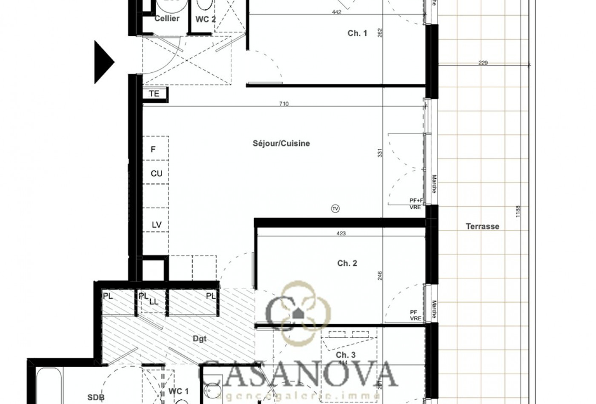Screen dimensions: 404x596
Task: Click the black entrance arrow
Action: (103, 62)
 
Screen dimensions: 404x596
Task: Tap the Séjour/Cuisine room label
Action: (281, 143)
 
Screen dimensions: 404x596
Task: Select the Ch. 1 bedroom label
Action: (357, 33)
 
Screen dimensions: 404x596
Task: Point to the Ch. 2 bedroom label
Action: (347, 263)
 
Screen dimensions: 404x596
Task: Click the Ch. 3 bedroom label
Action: (345, 355)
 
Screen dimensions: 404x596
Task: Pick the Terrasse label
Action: (482, 226)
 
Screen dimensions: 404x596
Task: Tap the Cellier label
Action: (167, 18)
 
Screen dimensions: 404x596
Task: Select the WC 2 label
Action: (206, 19)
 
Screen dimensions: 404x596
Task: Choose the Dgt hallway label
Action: (200, 339)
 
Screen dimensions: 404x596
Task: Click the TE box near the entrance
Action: (154, 94)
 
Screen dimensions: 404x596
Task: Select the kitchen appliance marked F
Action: (154, 149)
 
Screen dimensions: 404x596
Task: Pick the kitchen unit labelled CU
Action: (156, 174)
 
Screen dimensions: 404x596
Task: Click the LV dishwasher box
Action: (156, 225)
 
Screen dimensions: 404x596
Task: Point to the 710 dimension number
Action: (284, 103)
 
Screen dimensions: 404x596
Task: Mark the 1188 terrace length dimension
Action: (518, 212)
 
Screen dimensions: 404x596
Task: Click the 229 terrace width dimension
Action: (483, 63)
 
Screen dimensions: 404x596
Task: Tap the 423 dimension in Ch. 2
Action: (341, 233)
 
